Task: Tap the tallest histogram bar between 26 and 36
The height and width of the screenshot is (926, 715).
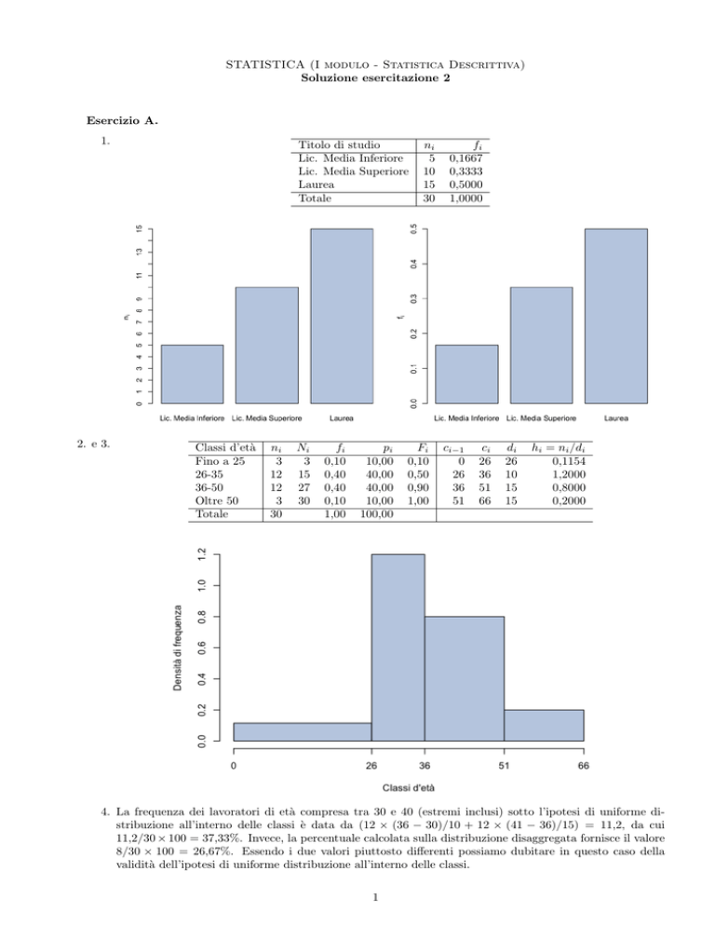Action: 398,647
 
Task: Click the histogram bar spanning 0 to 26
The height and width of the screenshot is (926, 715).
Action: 302,731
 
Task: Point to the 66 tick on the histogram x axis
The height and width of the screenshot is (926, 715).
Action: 583,766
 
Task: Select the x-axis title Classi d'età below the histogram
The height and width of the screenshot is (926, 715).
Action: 407,787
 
